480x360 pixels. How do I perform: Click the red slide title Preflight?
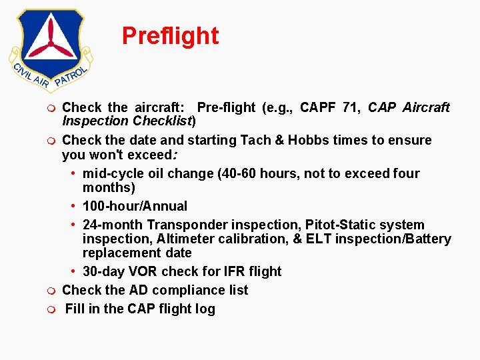pos(170,36)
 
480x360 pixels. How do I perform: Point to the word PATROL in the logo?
pos(71,77)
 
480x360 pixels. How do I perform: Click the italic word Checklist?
pos(162,121)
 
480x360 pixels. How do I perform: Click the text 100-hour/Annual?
pos(135,206)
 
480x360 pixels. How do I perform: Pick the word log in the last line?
pos(205,309)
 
